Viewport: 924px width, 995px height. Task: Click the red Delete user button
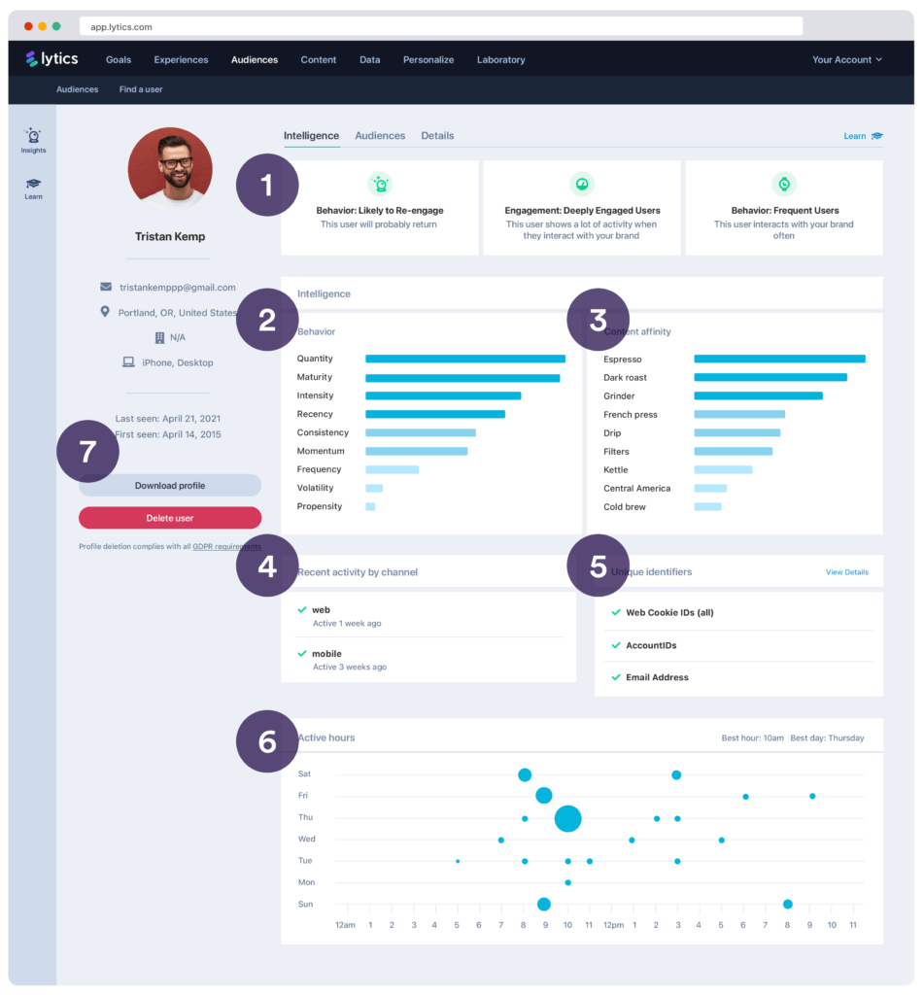click(x=170, y=518)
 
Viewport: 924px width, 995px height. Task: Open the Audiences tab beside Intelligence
click(x=380, y=136)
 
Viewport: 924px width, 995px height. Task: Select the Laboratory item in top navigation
click(x=500, y=59)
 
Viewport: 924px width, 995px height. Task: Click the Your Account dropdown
click(x=846, y=59)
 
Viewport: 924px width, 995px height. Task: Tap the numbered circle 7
click(x=87, y=451)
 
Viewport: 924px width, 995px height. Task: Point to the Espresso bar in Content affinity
click(x=779, y=360)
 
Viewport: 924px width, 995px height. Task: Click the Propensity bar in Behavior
click(x=370, y=506)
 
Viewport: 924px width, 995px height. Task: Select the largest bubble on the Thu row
click(x=567, y=818)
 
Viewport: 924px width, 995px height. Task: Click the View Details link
click(x=846, y=572)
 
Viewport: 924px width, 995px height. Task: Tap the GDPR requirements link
click(x=226, y=547)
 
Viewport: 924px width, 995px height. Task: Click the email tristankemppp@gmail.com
click(x=177, y=288)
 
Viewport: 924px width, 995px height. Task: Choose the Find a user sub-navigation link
click(x=141, y=89)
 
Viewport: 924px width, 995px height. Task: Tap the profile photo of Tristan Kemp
click(x=170, y=169)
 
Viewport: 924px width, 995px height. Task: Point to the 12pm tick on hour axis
click(x=613, y=925)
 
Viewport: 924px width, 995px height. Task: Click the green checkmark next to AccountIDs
click(x=615, y=645)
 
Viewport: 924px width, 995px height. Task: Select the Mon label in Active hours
click(x=306, y=882)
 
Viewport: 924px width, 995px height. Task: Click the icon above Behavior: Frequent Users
click(x=784, y=184)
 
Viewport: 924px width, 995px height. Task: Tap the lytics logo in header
click(x=52, y=59)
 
